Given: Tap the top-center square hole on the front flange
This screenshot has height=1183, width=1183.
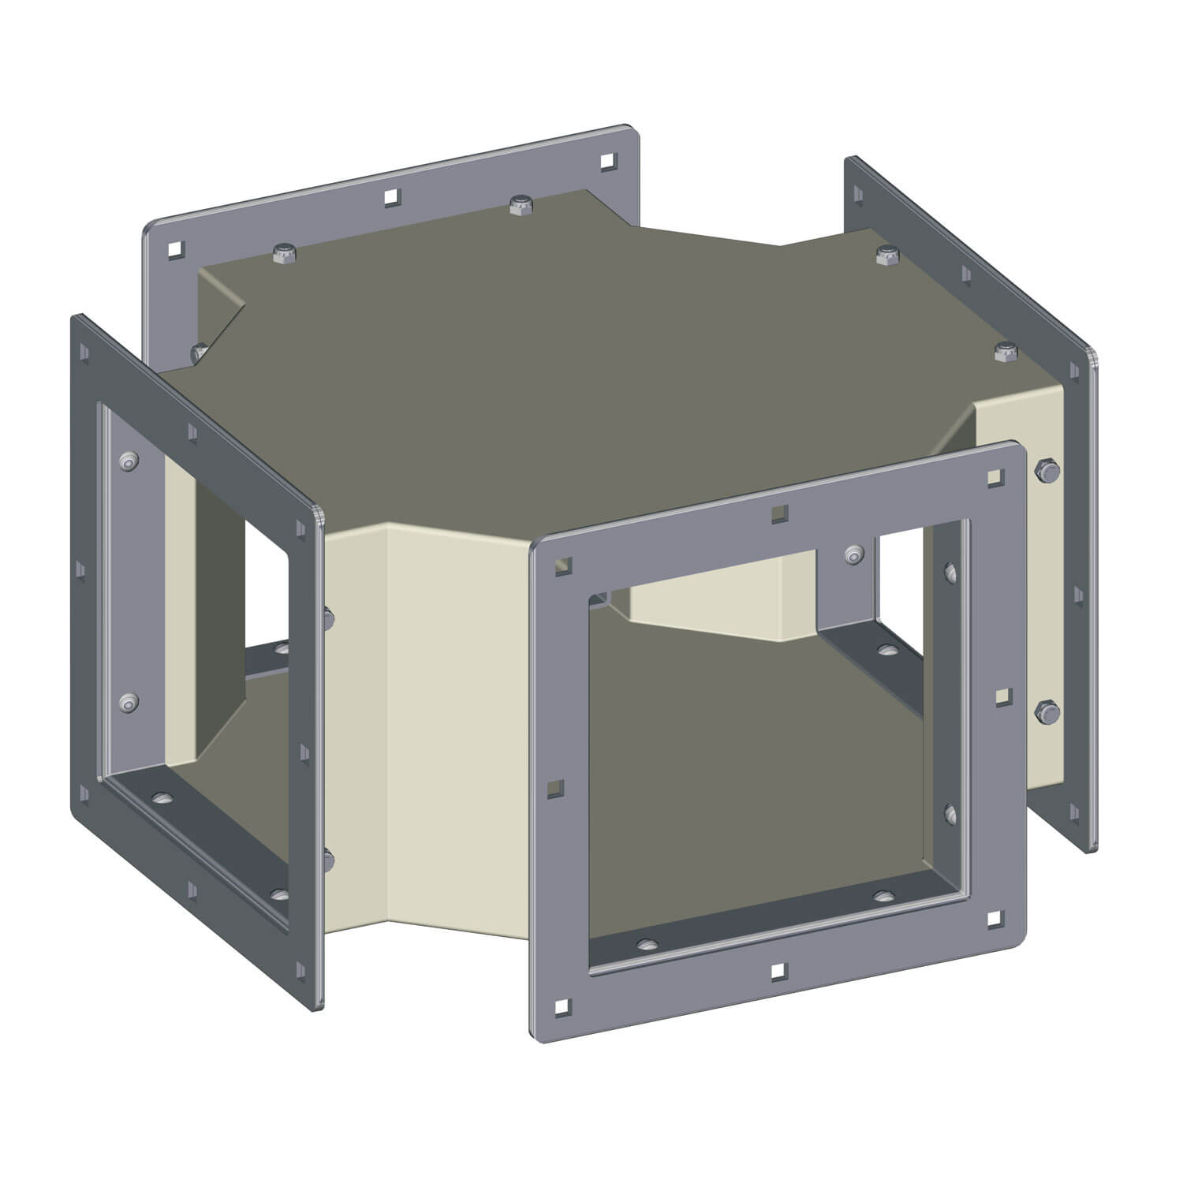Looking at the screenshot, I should [x=779, y=513].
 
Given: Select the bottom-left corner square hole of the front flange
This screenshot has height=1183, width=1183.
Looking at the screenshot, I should [x=561, y=1006].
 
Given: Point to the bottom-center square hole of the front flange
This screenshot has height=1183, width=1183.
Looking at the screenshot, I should [x=778, y=969].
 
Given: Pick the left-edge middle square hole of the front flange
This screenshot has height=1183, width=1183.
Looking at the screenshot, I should [x=557, y=787].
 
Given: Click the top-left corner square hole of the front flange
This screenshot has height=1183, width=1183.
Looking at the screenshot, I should [x=562, y=565].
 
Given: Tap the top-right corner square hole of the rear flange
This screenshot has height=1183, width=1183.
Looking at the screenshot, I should [x=607, y=162].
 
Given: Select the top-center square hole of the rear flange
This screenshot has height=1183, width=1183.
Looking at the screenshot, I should [x=390, y=197].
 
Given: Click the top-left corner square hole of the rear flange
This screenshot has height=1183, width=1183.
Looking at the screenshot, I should [x=174, y=251].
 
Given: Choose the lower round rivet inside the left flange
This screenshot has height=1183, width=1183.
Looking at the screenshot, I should [x=128, y=702].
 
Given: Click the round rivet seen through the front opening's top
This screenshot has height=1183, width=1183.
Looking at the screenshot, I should [x=853, y=554].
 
